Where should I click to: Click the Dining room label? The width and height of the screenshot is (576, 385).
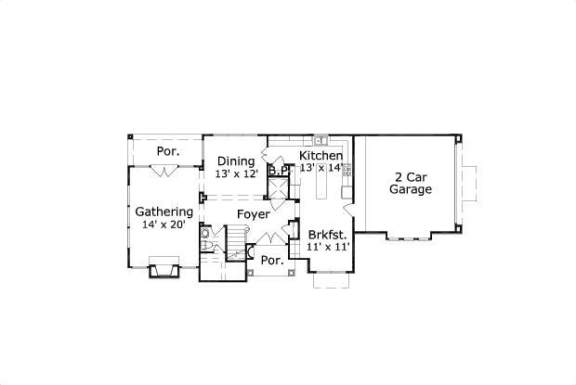pyautogui.click(x=236, y=161)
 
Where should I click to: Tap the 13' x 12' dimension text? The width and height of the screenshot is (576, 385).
pyautogui.click(x=236, y=173)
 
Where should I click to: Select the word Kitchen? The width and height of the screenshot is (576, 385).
pyautogui.click(x=321, y=155)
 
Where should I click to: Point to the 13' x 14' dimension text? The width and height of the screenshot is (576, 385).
pyautogui.click(x=321, y=168)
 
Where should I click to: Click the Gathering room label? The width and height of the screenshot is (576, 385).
pyautogui.click(x=164, y=212)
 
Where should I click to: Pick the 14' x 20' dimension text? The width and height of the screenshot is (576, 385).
pyautogui.click(x=164, y=225)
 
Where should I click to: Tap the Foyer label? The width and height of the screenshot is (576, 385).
pyautogui.click(x=254, y=214)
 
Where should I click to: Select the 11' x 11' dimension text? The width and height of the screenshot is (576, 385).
pyautogui.click(x=329, y=248)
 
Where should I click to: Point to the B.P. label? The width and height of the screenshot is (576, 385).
pyautogui.click(x=278, y=171)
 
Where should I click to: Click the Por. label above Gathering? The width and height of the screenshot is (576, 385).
pyautogui.click(x=167, y=151)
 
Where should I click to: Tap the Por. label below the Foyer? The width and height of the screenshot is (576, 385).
pyautogui.click(x=271, y=261)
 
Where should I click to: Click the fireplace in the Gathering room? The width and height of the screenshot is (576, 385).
pyautogui.click(x=164, y=270)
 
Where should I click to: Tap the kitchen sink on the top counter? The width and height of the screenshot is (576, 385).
pyautogui.click(x=321, y=141)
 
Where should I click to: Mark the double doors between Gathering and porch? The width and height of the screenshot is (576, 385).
pyautogui.click(x=164, y=171)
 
